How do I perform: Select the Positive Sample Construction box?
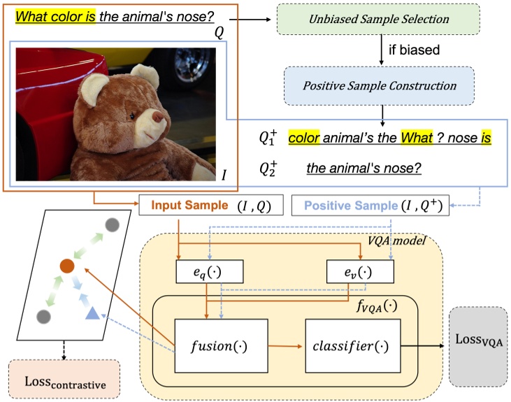pos(379,86)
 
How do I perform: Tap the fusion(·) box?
pos(220,345)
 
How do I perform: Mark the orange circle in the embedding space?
pos(66,266)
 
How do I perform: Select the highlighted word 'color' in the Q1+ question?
pos(305,137)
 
